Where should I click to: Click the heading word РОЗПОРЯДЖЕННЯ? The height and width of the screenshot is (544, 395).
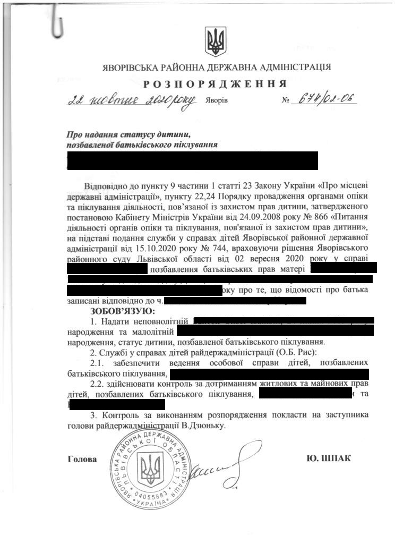[215, 84]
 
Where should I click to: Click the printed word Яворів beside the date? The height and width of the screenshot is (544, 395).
[217, 101]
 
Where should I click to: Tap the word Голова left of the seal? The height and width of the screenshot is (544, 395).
[83, 458]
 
